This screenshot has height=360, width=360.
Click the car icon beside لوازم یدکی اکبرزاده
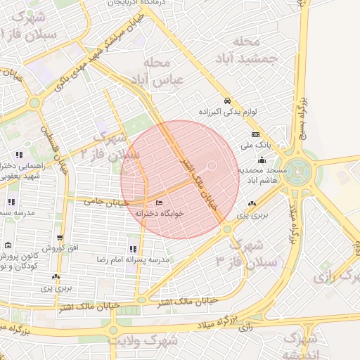tap(226, 101)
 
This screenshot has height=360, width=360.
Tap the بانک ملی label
tap(255, 146)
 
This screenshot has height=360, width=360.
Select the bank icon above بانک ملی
tap(255, 135)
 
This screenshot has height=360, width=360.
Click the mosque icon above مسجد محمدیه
tap(262, 160)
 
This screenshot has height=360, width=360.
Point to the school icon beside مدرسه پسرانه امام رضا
tap(133, 249)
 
